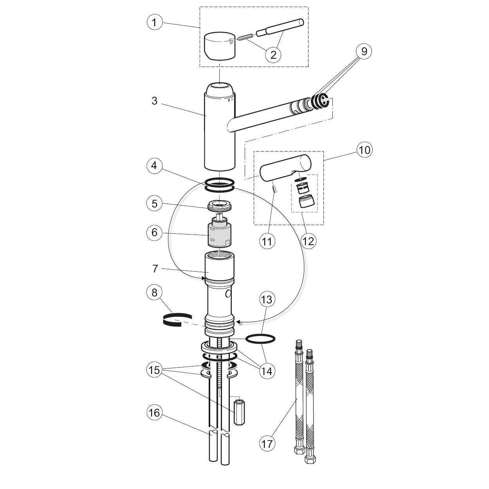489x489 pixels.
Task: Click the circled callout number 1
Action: click(x=155, y=22)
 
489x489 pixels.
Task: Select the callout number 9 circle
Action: click(x=364, y=51)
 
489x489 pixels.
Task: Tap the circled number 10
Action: click(x=364, y=150)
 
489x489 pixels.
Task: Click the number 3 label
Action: click(x=154, y=101)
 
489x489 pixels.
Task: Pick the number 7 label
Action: click(x=155, y=269)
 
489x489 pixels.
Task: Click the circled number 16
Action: click(x=155, y=413)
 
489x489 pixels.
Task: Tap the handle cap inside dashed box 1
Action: click(x=220, y=46)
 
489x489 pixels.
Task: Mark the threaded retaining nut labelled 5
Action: click(x=219, y=204)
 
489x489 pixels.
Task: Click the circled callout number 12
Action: click(x=309, y=241)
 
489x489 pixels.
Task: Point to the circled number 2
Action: click(x=273, y=54)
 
